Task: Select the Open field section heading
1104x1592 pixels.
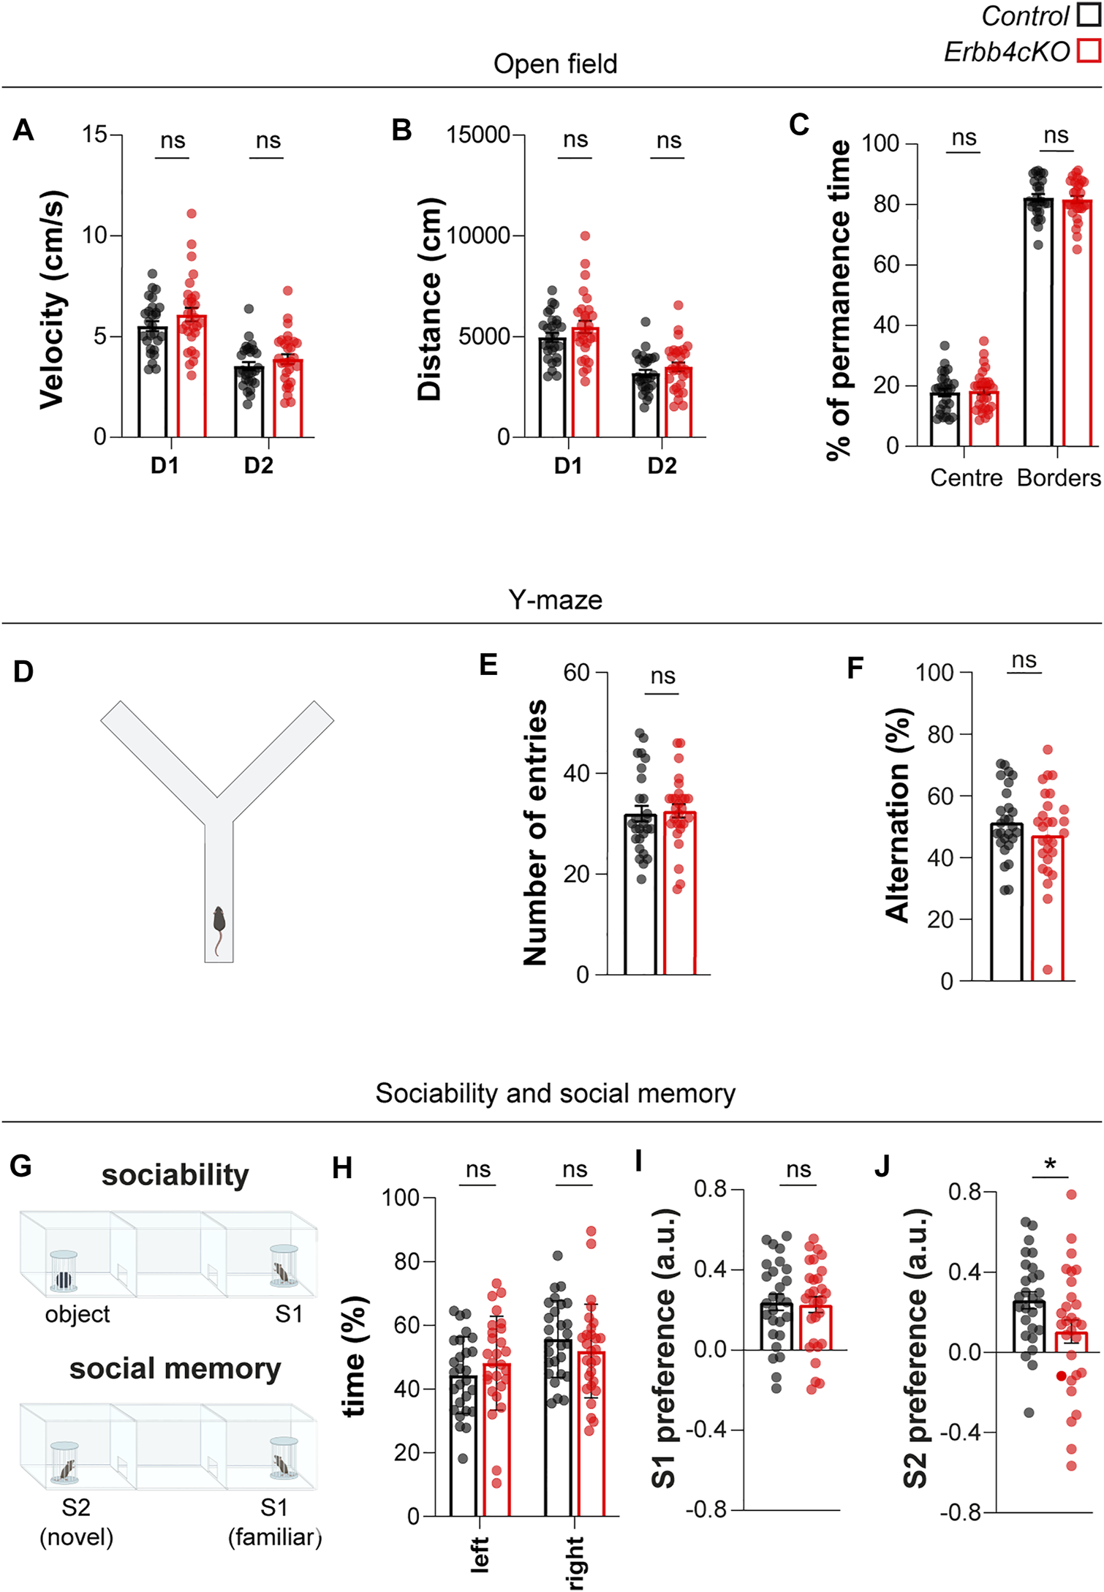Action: coord(555,64)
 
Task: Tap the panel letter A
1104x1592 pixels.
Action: coord(23,130)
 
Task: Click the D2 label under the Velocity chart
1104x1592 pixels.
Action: coord(259,466)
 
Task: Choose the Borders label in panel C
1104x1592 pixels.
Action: coord(1058,478)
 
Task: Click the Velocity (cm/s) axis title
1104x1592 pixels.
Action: coord(53,299)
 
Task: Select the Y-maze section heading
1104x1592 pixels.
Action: coord(555,600)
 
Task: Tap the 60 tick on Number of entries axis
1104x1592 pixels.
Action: coord(576,673)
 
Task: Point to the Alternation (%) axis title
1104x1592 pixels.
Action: coord(899,815)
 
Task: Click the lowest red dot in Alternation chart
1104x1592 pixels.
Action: coord(1048,970)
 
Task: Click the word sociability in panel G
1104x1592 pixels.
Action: coord(175,1176)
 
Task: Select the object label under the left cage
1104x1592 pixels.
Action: coord(77,1314)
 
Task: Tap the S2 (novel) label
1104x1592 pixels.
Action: coord(76,1521)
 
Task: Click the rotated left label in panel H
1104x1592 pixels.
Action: coord(480,1554)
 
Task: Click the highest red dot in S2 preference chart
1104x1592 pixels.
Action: coord(1071,1194)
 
